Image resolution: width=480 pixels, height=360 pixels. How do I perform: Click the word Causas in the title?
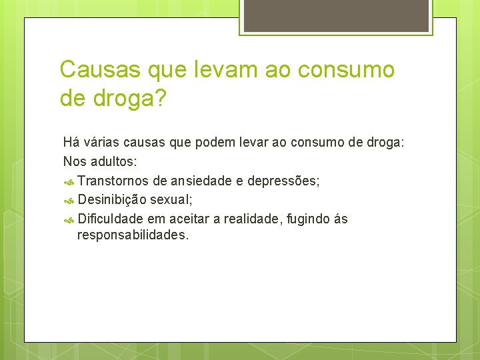pyautogui.click(x=98, y=69)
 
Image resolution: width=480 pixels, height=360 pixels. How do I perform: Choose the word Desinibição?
pyautogui.click(x=112, y=199)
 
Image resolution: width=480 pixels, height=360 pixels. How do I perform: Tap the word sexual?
pyautogui.click(x=172, y=199)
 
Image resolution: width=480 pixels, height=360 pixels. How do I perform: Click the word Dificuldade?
pyautogui.click(x=110, y=219)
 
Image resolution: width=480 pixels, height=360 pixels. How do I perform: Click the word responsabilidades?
pyautogui.click(x=133, y=235)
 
